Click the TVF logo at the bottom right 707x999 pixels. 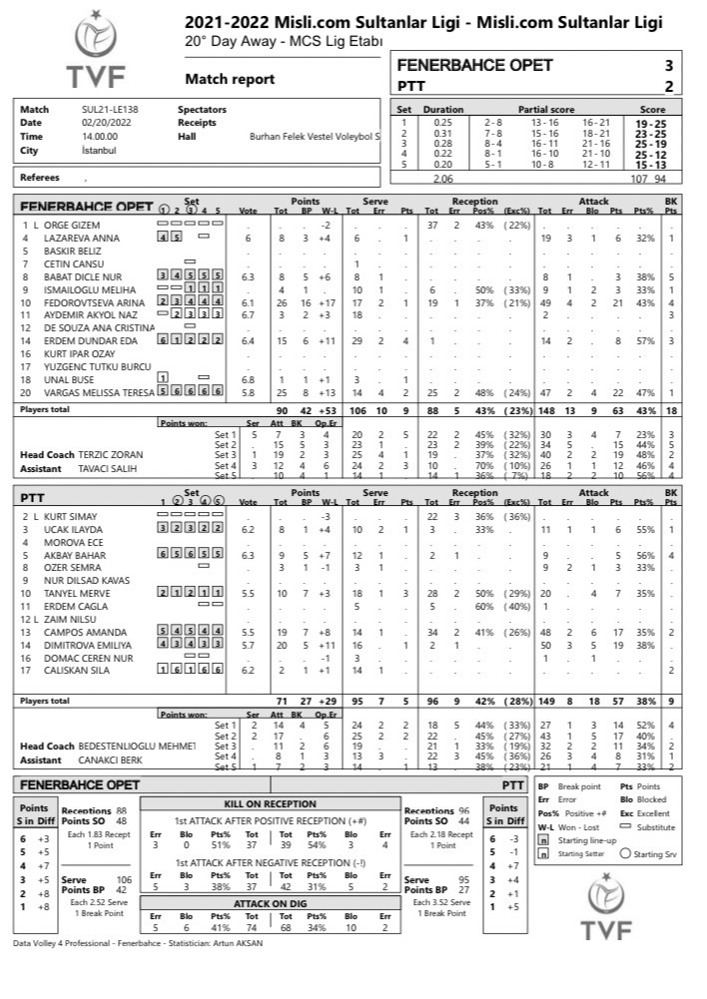pyautogui.click(x=613, y=908)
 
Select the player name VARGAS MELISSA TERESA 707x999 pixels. pyautogui.click(x=100, y=392)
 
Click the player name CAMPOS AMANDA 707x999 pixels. pyautogui.click(x=80, y=632)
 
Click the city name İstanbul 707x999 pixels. pyautogui.click(x=99, y=151)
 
